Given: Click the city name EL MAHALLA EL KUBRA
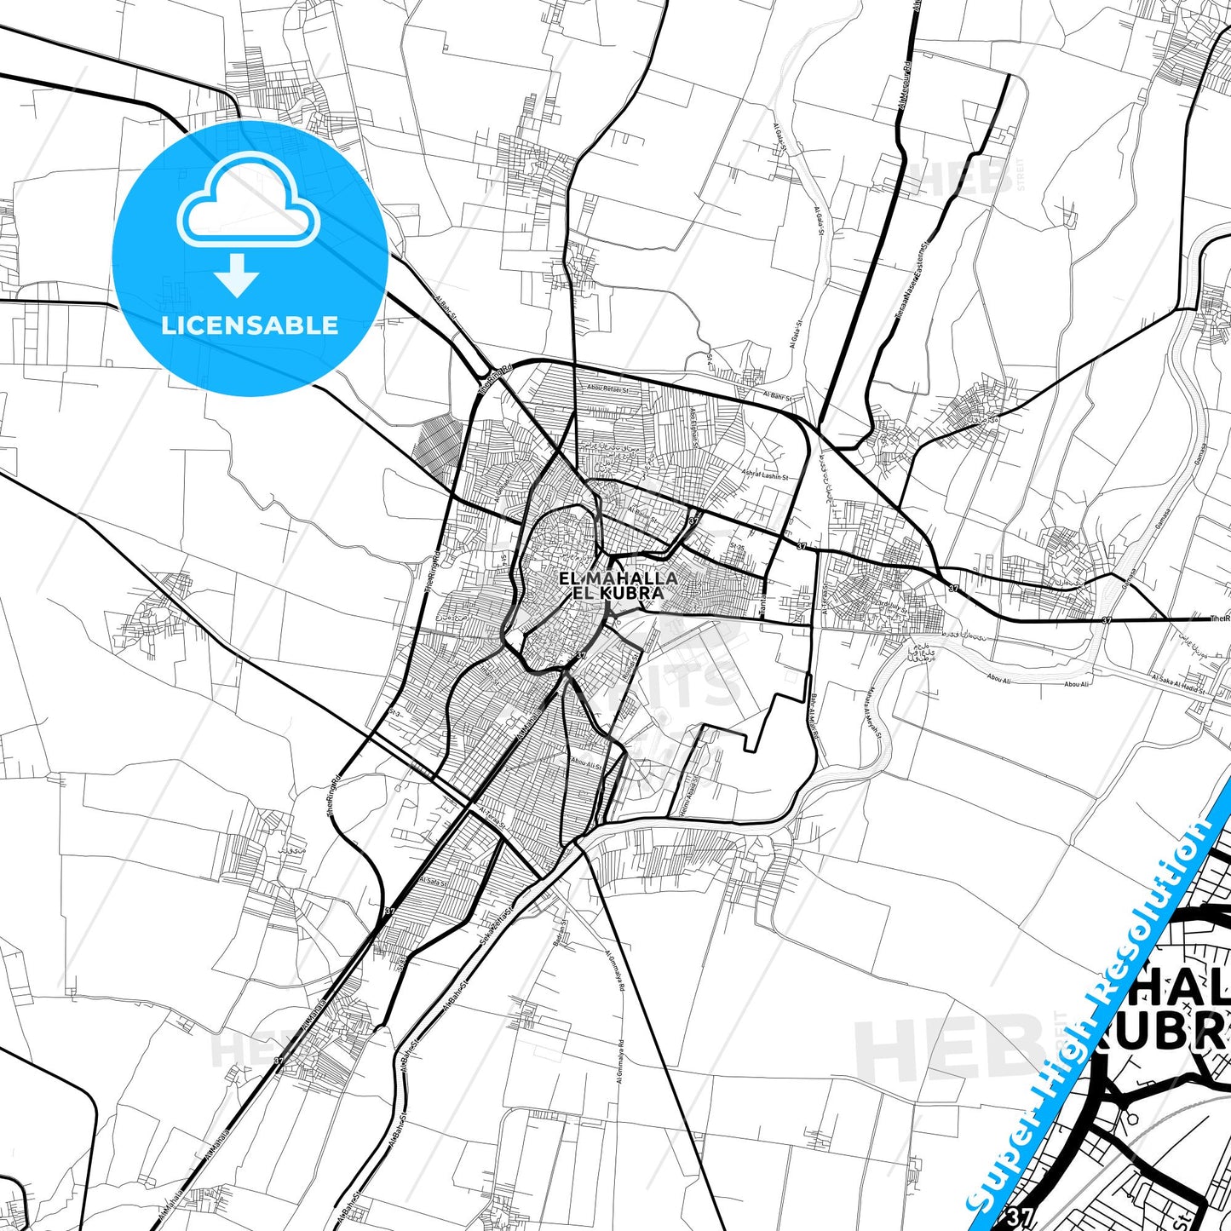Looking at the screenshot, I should pos(618,585).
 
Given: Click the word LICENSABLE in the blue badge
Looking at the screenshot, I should pos(250,325).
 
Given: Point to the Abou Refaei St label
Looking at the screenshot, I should pos(601,388).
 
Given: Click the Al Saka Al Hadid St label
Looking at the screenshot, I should pos(1178,683).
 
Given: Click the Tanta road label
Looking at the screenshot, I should pos(763,596).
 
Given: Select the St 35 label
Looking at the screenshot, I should pos(738,547).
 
